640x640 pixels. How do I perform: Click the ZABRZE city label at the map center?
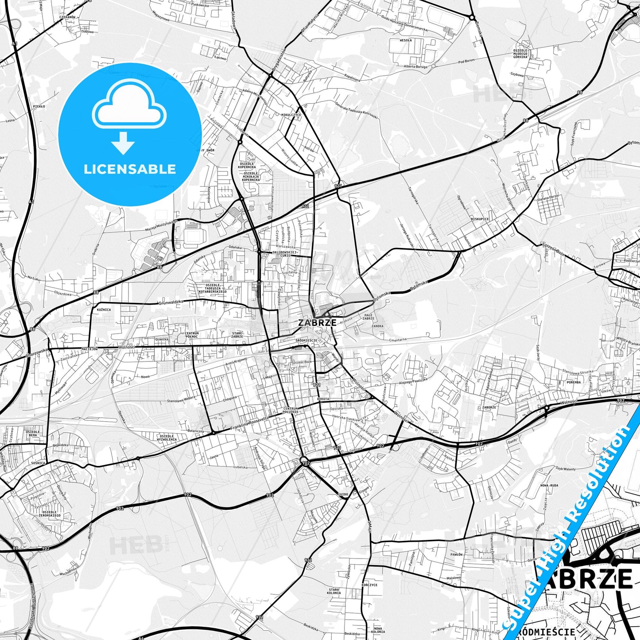pos(317,322)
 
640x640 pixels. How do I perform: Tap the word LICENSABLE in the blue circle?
pos(130,169)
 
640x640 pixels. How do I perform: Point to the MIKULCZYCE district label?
pos(291,115)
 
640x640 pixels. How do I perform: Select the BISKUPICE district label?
pos(480,219)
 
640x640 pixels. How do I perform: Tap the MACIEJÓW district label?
pos(89,349)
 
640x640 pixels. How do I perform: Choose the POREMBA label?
pos(574,382)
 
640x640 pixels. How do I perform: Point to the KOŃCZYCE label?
pos(369,585)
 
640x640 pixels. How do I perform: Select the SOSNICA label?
pos(38,463)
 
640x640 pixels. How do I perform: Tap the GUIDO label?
pos(343,494)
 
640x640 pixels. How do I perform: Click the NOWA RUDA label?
pos(549,485)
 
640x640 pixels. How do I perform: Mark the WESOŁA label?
pos(406,40)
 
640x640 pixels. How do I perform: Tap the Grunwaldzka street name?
pos(171,302)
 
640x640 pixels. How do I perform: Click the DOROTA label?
pos(323,399)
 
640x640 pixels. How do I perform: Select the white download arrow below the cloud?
pos(123,143)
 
